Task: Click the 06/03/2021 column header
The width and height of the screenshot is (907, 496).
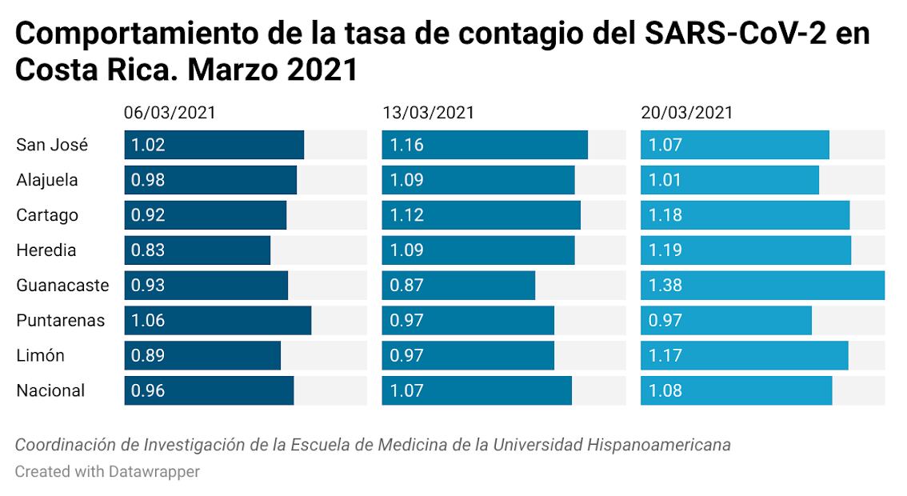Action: pyautogui.click(x=170, y=113)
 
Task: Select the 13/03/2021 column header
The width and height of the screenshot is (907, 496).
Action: pyautogui.click(x=428, y=113)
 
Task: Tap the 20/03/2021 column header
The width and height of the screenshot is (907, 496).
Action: pyautogui.click(x=687, y=113)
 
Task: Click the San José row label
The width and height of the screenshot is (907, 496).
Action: pyautogui.click(x=52, y=146)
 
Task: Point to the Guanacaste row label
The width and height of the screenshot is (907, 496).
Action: pyautogui.click(x=62, y=286)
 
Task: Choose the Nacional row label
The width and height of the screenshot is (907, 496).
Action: pyautogui.click(x=50, y=391)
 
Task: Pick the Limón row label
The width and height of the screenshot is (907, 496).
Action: pyautogui.click(x=41, y=356)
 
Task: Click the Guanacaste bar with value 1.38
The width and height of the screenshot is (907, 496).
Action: pyautogui.click(x=762, y=286)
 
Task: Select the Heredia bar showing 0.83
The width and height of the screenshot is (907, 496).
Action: pyautogui.click(x=198, y=250)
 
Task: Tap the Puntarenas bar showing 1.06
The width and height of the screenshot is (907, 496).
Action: pyautogui.click(x=218, y=321)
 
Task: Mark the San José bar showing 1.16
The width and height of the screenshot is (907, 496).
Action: pyautogui.click(x=485, y=146)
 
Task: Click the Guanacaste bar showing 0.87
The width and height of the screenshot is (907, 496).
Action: pyautogui.click(x=458, y=286)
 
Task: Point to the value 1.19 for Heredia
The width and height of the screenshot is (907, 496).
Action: pyautogui.click(x=665, y=250)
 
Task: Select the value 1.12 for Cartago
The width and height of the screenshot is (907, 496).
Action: pyautogui.click(x=407, y=215)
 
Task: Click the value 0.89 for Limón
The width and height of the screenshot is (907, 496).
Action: pyautogui.click(x=148, y=356)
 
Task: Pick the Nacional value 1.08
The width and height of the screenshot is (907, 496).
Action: pyautogui.click(x=665, y=391)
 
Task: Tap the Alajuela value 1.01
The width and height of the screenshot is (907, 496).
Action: pyautogui.click(x=665, y=180)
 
